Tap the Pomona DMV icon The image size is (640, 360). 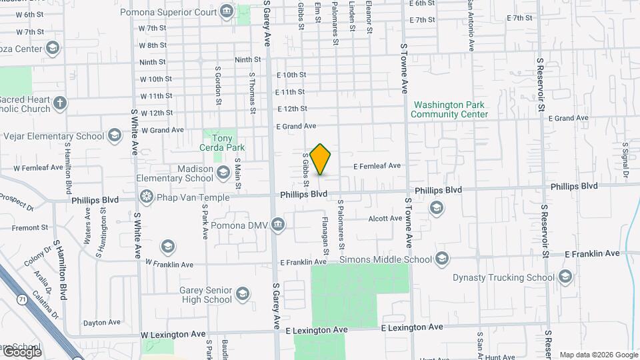pos(279,225)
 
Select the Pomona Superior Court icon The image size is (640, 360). pos(226,11)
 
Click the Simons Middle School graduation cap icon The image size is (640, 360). pos(442,259)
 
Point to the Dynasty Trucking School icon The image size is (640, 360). pos(565,277)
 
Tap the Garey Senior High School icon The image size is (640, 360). pos(243,294)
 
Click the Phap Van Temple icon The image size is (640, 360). pos(146,197)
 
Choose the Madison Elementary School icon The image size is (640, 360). pos(223,173)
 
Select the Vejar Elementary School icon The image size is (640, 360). pos(114,136)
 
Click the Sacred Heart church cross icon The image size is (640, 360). pos(60,103)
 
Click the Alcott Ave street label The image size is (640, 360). pos(385,218)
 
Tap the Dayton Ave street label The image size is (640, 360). pos(102,323)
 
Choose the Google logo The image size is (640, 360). pos(22,351)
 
